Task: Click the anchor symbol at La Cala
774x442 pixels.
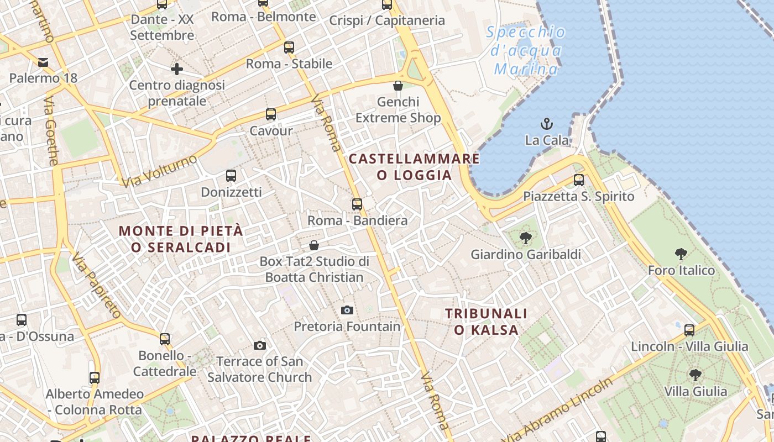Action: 547,124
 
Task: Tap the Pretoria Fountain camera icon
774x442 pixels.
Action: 347,310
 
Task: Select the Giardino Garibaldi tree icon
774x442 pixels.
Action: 526,238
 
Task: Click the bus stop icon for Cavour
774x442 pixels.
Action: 271,114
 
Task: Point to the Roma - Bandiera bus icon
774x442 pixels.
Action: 357,204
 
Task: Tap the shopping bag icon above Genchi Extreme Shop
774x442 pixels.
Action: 398,86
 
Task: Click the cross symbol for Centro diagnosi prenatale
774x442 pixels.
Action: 177,69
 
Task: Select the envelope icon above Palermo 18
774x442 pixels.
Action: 43,62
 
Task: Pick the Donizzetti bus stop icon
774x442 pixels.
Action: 231,176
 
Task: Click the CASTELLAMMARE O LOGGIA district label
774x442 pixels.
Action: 414,167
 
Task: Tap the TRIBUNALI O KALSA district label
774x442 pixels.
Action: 487,322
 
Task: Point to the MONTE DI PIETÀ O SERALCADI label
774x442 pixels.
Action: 181,239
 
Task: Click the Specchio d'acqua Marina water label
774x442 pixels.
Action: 526,51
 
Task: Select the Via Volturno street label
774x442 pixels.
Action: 159,171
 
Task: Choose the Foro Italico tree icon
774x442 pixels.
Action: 681,254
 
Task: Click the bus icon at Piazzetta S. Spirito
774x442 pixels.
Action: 579,180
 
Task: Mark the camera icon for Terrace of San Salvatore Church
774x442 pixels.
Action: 260,346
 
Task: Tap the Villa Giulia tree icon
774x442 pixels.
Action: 695,375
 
